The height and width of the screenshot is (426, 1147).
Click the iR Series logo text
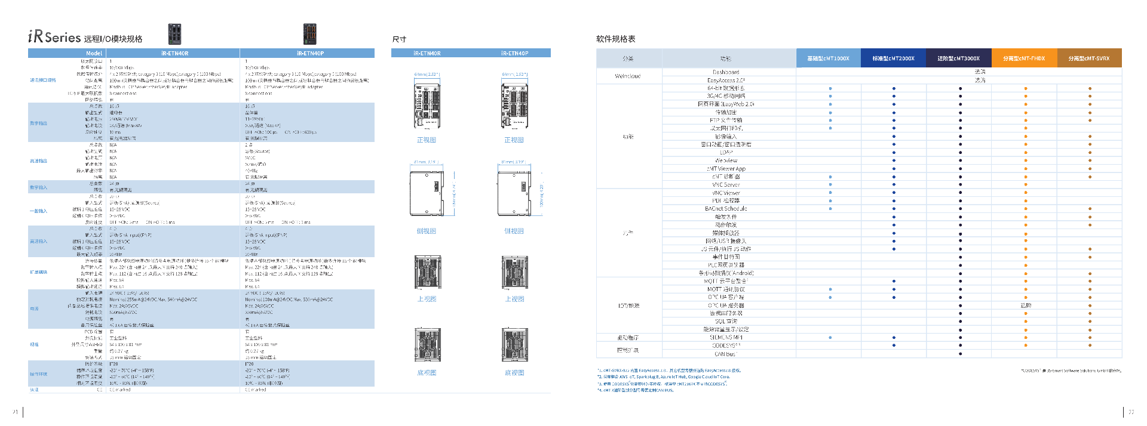click(x=54, y=37)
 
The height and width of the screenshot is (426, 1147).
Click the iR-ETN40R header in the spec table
click(x=174, y=53)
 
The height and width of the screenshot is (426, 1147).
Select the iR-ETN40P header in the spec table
click(x=310, y=53)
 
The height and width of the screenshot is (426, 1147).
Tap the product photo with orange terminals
click(x=309, y=34)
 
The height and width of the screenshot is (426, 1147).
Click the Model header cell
click(x=94, y=53)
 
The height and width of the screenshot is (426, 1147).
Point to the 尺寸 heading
click(x=399, y=39)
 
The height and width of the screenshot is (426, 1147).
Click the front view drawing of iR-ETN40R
click(x=427, y=106)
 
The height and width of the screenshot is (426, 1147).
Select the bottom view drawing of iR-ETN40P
click(x=514, y=345)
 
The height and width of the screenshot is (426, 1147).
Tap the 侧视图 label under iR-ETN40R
click(x=427, y=231)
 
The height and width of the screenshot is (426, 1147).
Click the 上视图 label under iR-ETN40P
click(x=514, y=299)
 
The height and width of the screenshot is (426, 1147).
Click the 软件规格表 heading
click(x=615, y=39)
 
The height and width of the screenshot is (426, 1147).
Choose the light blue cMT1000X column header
click(x=828, y=58)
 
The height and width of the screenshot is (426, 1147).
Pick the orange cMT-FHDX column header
click(x=1024, y=58)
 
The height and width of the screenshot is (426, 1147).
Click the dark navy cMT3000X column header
click(x=958, y=58)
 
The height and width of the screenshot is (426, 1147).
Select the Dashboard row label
click(x=726, y=72)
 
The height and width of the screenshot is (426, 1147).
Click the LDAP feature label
click(x=726, y=153)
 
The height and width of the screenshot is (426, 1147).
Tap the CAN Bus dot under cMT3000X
click(x=960, y=354)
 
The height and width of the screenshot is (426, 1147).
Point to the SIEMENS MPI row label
click(x=726, y=338)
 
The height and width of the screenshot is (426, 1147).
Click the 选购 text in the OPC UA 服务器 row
click(x=1026, y=305)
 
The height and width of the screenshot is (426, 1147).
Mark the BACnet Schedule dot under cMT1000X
click(x=830, y=209)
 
